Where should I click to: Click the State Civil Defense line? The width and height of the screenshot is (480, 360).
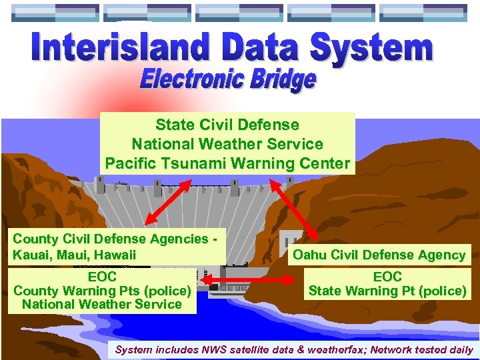[x=227, y=125]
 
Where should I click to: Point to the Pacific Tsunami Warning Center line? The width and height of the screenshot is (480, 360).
[x=227, y=163]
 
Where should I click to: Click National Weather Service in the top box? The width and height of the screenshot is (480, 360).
[x=227, y=144]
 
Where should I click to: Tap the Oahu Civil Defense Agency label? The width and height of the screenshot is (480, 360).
[x=379, y=255]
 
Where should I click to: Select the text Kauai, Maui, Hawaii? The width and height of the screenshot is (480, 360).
[x=74, y=255]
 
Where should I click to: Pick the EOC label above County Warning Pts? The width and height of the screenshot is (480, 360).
[x=102, y=277]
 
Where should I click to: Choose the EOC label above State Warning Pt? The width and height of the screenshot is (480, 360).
[x=387, y=277]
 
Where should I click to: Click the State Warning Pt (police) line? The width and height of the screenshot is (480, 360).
[x=387, y=291]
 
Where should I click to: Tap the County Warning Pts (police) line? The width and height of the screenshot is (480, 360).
[x=102, y=291]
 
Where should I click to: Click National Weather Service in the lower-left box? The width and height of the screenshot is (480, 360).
[x=102, y=305]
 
